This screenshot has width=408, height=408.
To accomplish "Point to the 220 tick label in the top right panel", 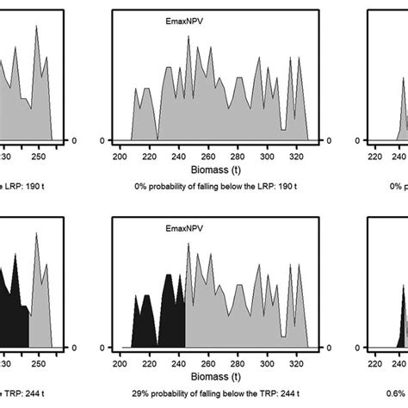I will [375, 158].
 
